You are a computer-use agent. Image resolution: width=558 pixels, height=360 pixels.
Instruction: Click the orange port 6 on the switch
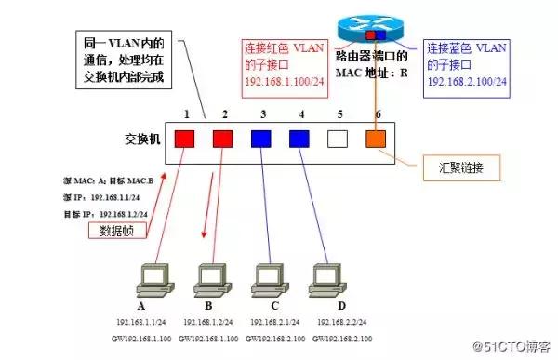coord(375,140)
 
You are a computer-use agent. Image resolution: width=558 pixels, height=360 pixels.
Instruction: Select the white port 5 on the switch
coord(338,140)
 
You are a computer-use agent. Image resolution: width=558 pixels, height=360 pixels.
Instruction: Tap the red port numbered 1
coord(184,140)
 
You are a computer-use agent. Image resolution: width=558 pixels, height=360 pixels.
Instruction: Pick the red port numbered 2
coord(223,140)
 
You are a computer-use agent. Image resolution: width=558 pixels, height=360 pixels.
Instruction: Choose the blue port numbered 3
coord(261,140)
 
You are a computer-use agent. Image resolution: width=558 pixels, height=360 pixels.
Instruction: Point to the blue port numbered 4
coord(299,140)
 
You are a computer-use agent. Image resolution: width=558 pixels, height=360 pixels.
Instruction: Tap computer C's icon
coord(269,280)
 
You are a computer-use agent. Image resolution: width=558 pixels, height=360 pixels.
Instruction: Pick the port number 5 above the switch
coord(339,114)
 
